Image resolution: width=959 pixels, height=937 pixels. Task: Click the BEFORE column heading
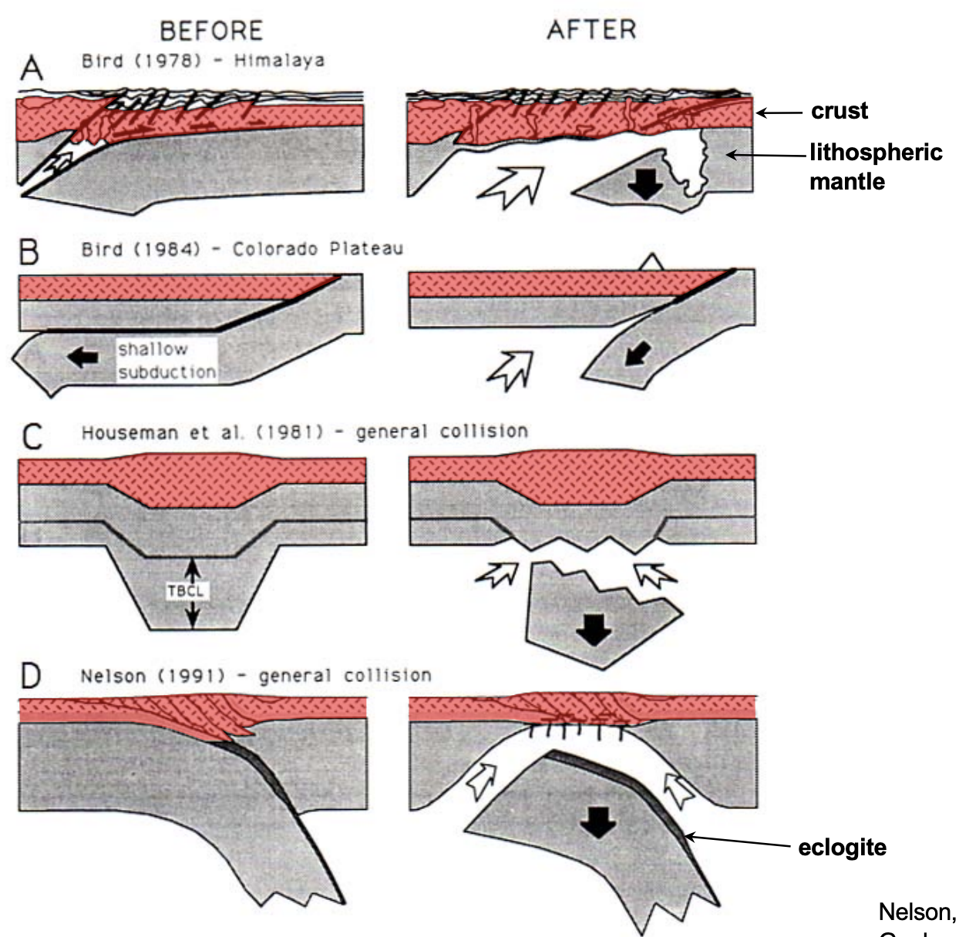(x=211, y=31)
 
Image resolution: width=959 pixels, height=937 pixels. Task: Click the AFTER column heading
(x=591, y=30)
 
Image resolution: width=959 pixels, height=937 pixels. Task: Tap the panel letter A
(x=32, y=69)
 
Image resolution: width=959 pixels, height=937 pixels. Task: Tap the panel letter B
(x=29, y=251)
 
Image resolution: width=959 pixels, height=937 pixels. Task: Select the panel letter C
(x=32, y=436)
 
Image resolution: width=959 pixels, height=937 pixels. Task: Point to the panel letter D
(x=31, y=677)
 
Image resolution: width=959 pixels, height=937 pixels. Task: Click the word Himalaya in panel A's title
(x=279, y=60)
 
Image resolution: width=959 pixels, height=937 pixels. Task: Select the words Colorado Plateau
(x=318, y=249)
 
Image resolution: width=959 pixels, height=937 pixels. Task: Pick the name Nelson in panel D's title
(x=113, y=676)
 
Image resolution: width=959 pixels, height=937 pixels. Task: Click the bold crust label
(x=839, y=111)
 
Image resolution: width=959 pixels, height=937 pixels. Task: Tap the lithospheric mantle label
(x=875, y=166)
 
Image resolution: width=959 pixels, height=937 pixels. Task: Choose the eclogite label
(x=842, y=848)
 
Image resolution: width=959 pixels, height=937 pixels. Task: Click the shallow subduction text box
(x=167, y=360)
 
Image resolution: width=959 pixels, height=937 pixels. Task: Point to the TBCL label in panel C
(x=185, y=592)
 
